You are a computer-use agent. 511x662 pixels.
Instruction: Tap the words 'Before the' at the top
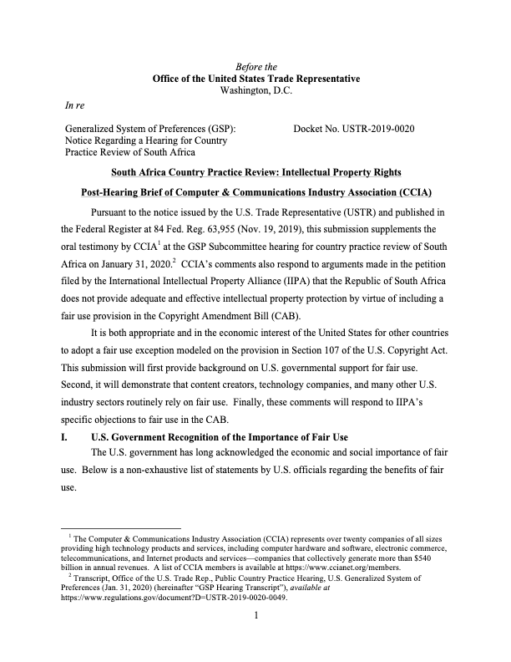(255, 66)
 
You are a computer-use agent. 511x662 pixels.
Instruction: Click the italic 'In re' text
(75, 105)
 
